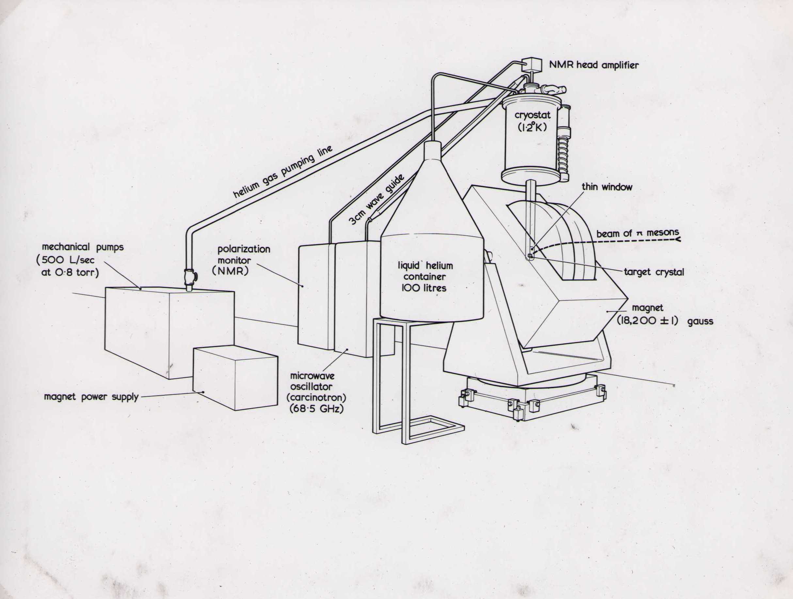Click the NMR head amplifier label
(x=594, y=65)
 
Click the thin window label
(x=607, y=187)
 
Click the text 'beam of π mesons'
(x=637, y=233)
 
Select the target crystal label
(x=654, y=272)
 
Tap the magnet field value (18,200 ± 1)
(x=647, y=321)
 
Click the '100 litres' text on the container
(x=424, y=288)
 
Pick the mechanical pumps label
(x=83, y=247)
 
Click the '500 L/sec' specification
(x=66, y=260)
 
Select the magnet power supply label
(x=91, y=397)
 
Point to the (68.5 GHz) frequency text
(x=316, y=408)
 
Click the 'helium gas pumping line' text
(x=283, y=171)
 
